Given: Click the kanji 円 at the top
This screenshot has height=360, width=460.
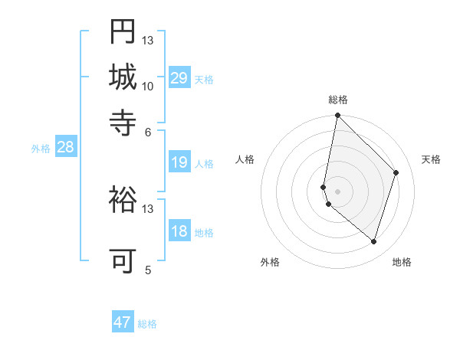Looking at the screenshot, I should (x=123, y=32).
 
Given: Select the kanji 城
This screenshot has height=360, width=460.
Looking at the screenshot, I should (x=123, y=77).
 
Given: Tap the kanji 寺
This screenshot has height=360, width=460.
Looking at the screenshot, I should (x=123, y=121).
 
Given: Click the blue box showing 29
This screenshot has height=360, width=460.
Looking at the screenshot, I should (x=179, y=78).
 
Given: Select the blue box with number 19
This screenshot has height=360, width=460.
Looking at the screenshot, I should (x=179, y=162).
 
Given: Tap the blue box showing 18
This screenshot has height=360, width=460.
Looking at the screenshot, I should (x=179, y=231).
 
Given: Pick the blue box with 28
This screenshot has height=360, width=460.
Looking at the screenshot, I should (x=65, y=148).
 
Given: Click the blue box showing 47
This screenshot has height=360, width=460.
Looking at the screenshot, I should (x=123, y=322).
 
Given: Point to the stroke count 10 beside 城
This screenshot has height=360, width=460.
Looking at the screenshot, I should (x=147, y=86).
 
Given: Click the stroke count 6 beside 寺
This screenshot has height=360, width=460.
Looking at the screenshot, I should (x=148, y=131).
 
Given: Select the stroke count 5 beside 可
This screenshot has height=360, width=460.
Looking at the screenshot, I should (x=148, y=270).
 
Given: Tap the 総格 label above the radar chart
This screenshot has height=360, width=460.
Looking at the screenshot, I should (x=338, y=100).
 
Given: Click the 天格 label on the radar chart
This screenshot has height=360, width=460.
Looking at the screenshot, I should (x=431, y=159).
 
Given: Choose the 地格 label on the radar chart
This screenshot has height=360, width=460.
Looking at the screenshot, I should (x=402, y=262).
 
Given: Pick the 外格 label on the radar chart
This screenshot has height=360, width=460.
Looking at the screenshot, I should (x=270, y=262).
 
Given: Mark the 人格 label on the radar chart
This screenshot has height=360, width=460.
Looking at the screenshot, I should (x=245, y=159).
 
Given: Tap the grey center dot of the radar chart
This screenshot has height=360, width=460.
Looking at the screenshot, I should (x=338, y=191).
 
